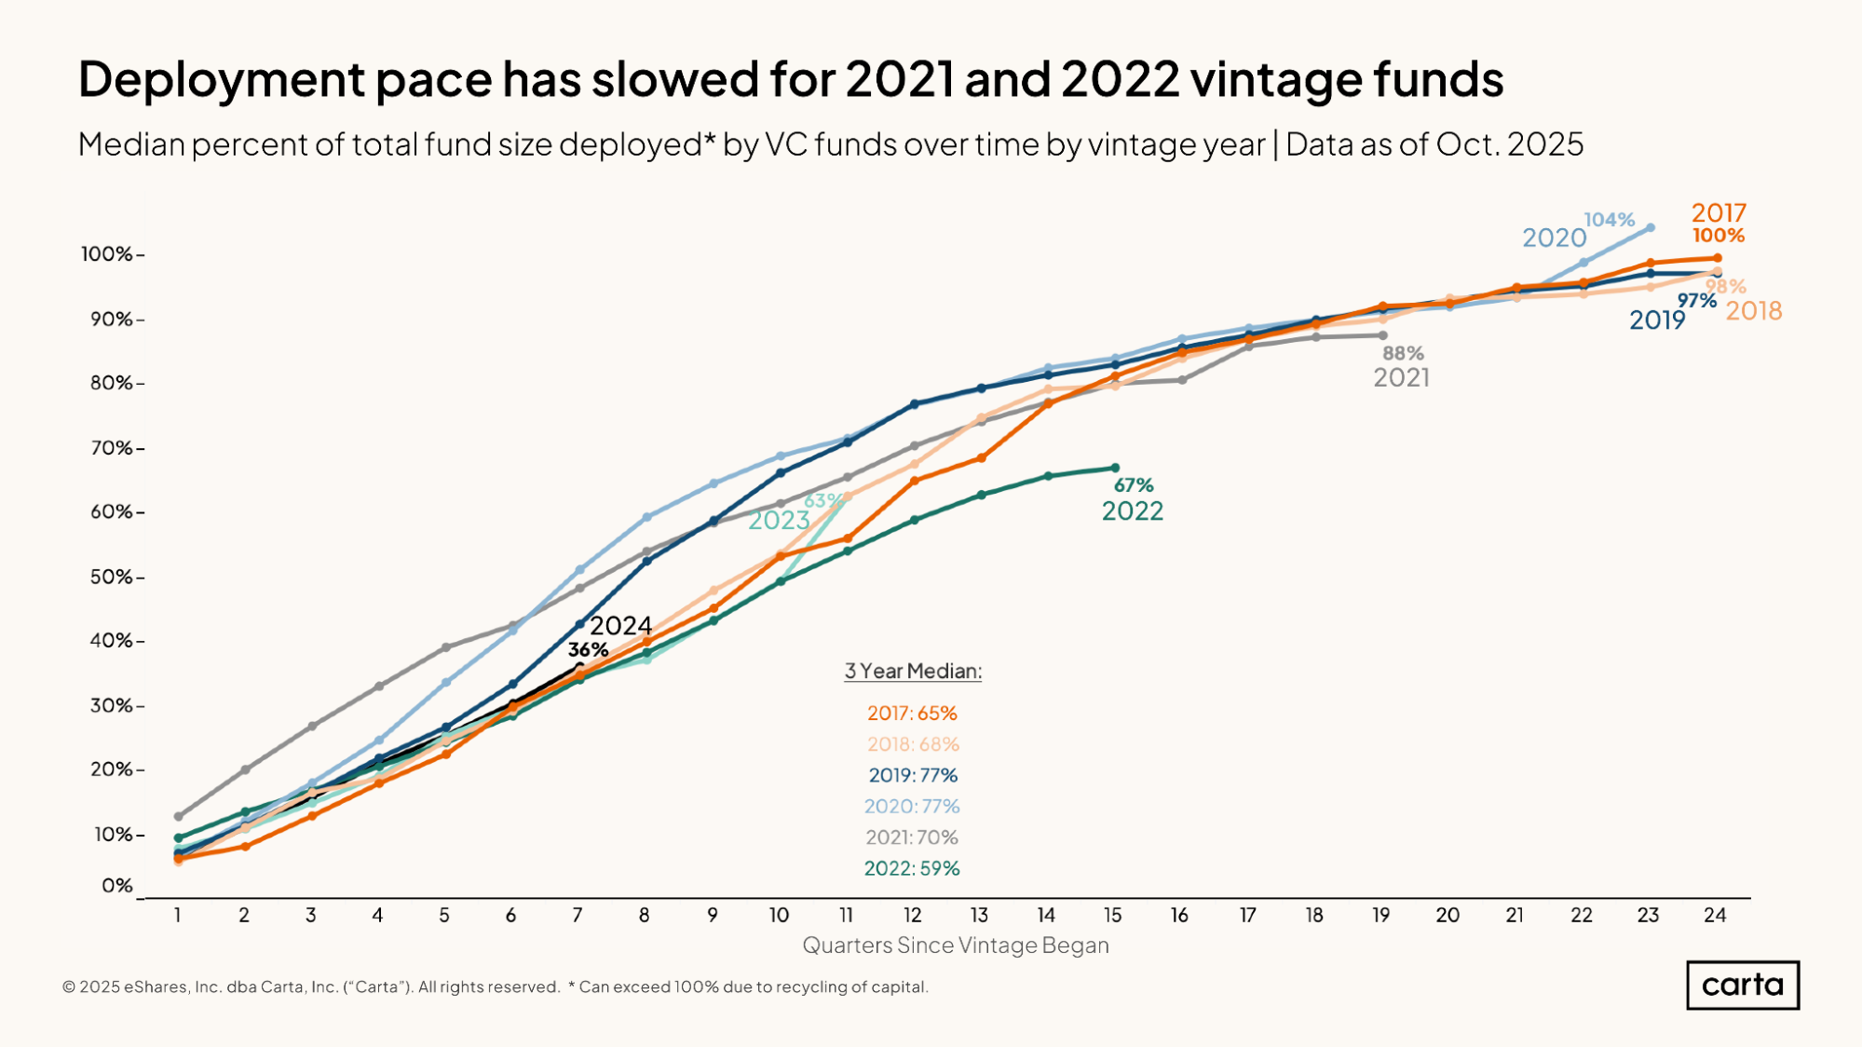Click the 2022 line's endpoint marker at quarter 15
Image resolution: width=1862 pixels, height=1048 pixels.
[x=1115, y=468]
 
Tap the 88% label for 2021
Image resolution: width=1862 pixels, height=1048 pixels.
[x=1403, y=353]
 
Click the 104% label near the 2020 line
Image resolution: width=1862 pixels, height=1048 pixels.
[x=1610, y=220]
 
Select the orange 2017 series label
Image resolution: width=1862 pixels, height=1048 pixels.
[x=1719, y=212]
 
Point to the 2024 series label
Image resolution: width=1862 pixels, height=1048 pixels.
[x=621, y=625]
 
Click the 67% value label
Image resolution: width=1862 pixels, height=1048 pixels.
[x=1134, y=484]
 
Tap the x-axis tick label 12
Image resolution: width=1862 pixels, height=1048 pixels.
[x=913, y=916]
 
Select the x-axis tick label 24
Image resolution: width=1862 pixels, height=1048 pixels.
[x=1715, y=916]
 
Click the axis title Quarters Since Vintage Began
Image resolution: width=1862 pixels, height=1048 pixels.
[x=956, y=946]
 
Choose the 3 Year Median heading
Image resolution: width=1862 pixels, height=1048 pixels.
[x=913, y=671]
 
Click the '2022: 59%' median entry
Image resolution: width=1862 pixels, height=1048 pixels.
[x=912, y=868]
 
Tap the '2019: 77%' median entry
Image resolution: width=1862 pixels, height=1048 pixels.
[x=913, y=775]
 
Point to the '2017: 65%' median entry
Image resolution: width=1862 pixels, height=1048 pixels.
[x=912, y=713]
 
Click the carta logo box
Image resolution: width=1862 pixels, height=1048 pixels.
[x=1743, y=986]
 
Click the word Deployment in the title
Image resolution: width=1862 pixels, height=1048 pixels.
[x=222, y=79]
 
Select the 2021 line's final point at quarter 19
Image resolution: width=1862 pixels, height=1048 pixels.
[x=1382, y=335]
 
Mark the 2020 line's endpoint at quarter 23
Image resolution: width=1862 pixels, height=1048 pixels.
[x=1651, y=227]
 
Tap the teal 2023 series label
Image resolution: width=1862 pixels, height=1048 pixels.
[x=779, y=520]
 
